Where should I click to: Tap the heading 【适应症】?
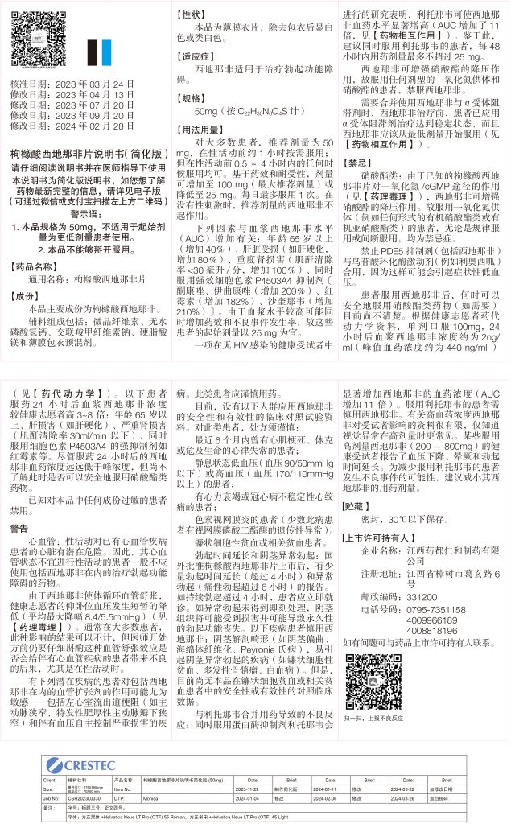click(x=196, y=57)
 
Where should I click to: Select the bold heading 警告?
click(x=19, y=528)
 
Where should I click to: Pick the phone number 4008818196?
click(x=434, y=631)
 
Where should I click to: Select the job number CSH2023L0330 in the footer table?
click(x=79, y=798)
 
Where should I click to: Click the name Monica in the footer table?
click(x=150, y=798)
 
